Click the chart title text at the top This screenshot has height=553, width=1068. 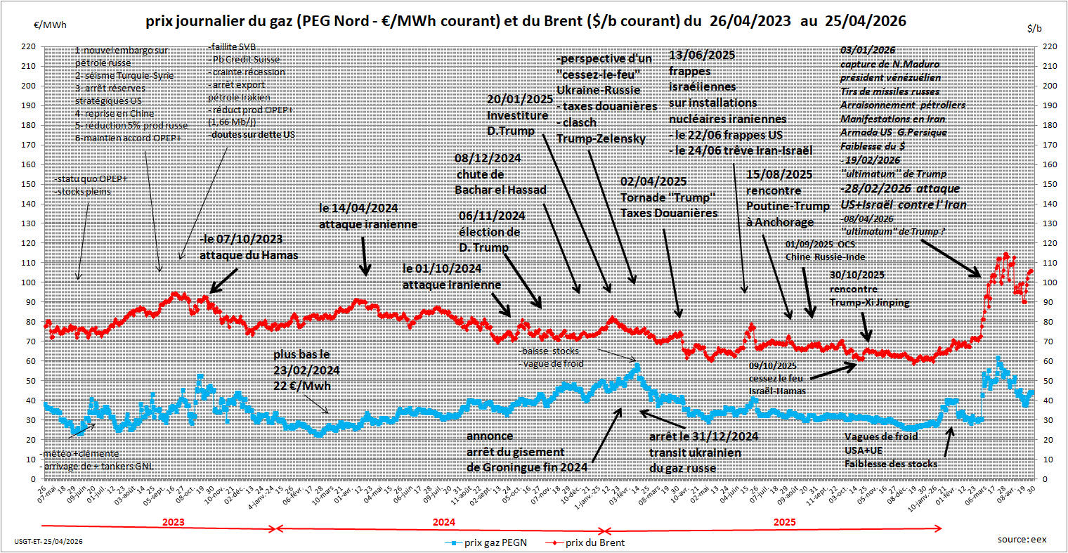(526, 22)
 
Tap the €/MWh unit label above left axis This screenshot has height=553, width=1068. (50, 25)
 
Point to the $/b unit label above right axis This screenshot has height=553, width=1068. (1034, 28)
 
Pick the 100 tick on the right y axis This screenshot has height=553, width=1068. (1048, 282)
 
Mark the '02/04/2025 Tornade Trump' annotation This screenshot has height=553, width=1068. (668, 197)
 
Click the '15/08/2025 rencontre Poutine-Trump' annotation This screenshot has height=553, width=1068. (779, 198)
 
